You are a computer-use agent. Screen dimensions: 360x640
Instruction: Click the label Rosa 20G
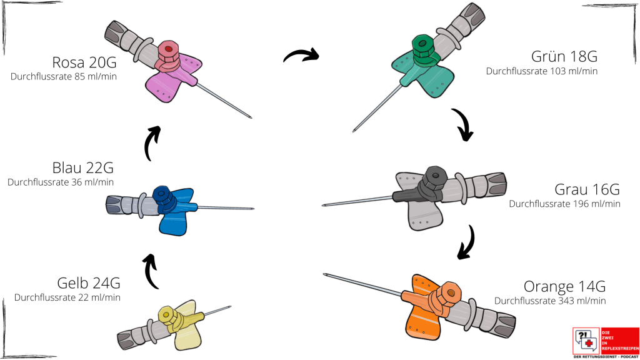click(85, 63)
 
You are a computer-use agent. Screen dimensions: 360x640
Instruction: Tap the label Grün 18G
click(564, 57)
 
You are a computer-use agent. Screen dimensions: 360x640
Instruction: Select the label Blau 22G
click(82, 168)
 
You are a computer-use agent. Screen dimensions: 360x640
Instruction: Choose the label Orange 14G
click(564, 287)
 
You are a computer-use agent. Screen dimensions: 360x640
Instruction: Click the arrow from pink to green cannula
click(301, 56)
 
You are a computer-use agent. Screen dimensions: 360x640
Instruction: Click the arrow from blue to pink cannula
click(152, 143)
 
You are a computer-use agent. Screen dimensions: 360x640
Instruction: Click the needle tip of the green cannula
click(354, 131)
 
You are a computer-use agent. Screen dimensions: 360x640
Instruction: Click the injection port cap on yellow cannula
click(167, 313)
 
